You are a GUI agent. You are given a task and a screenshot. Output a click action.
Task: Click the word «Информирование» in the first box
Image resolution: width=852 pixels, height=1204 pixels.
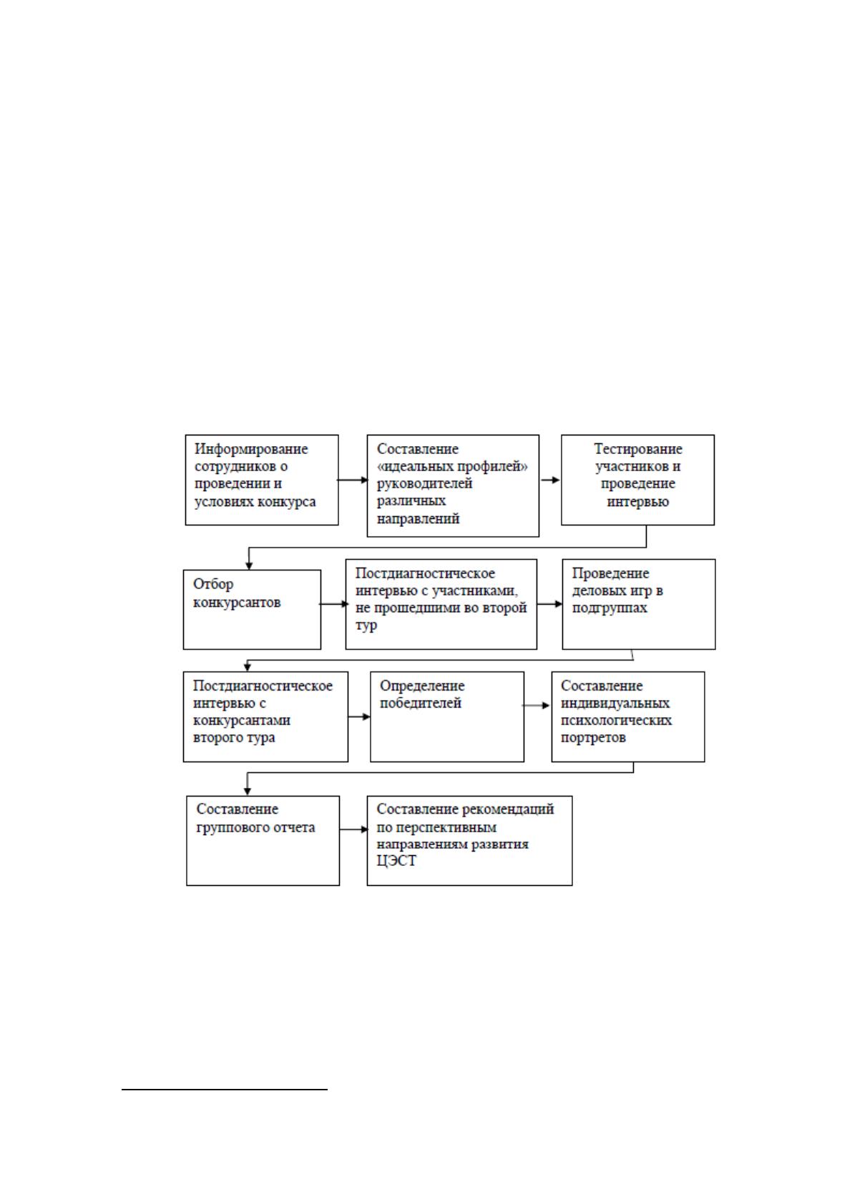click(x=251, y=449)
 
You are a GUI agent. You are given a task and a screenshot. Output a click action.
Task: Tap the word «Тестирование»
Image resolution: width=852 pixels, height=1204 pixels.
click(x=638, y=449)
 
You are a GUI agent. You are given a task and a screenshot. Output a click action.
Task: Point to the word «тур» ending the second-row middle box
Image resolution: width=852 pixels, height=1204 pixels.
click(x=366, y=626)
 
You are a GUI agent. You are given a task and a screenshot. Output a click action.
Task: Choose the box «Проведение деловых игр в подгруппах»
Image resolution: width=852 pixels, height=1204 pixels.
click(x=638, y=604)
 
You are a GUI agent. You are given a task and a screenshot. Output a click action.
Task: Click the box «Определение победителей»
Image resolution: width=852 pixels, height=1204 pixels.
click(x=447, y=716)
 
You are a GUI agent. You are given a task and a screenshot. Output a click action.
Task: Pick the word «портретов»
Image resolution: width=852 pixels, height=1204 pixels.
click(x=593, y=737)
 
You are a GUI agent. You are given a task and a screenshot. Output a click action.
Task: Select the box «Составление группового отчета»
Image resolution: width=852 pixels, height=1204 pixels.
click(x=263, y=841)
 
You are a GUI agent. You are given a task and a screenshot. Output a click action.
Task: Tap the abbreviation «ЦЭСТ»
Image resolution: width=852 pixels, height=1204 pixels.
click(x=396, y=861)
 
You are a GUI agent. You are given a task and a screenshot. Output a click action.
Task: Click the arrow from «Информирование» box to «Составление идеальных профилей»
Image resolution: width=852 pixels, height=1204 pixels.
click(x=352, y=480)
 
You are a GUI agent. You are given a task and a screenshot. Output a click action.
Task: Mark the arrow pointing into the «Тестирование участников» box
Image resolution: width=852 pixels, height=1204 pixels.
click(x=550, y=480)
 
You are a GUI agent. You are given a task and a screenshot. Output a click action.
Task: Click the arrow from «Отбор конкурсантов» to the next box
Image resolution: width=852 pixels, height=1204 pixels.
click(x=334, y=604)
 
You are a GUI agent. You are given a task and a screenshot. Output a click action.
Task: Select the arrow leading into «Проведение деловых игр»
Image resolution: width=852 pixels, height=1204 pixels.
click(x=549, y=604)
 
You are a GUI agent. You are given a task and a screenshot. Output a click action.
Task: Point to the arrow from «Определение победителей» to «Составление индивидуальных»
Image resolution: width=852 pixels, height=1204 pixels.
click(x=537, y=705)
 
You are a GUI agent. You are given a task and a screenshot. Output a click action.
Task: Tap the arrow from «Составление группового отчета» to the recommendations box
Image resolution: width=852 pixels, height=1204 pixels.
click(x=354, y=829)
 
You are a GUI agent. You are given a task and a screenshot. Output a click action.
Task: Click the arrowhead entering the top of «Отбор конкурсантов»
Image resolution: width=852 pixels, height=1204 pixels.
click(x=249, y=566)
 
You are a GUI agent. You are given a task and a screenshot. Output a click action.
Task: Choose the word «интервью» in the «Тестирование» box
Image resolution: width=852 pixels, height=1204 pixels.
click(x=638, y=501)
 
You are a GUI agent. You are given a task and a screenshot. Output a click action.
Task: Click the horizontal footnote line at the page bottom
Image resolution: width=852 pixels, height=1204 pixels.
click(x=225, y=1090)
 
